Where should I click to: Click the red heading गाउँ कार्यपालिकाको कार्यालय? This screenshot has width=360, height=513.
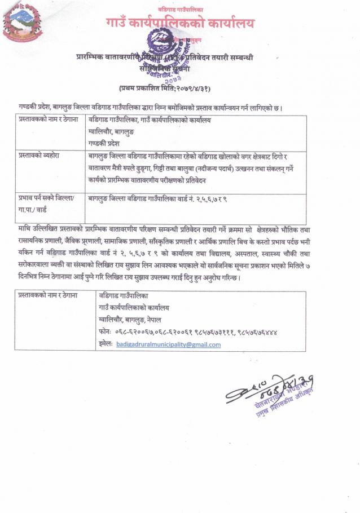coord(180,24)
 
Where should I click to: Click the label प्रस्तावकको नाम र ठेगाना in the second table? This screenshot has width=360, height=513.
coord(47,295)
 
